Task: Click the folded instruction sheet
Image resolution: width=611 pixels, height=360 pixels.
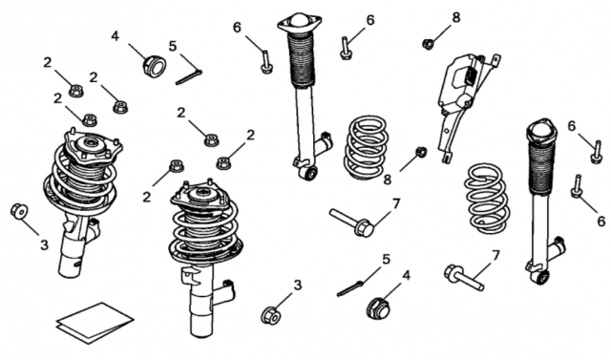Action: point(95,323)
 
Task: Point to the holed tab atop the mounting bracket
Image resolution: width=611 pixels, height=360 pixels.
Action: point(495,60)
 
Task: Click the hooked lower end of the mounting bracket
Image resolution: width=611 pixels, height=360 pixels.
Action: point(447,157)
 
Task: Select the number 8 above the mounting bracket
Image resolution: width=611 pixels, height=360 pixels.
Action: point(456,17)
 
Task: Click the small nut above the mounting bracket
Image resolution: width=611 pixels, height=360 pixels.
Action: point(428,44)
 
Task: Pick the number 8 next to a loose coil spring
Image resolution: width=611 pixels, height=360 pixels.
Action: point(387,180)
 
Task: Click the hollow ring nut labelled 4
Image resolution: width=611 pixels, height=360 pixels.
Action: point(155,66)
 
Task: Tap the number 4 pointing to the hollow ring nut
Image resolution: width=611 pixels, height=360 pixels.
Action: point(115,36)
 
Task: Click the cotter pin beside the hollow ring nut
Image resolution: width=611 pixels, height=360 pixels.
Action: point(189,76)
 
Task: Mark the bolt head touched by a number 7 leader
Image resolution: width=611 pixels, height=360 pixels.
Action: point(365,227)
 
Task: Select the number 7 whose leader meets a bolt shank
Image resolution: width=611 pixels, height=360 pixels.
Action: point(495,256)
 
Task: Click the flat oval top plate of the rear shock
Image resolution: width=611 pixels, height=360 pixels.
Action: point(300,23)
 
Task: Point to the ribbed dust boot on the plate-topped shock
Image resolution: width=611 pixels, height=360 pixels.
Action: point(301,59)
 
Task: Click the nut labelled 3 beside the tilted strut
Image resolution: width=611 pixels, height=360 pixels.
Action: point(19,211)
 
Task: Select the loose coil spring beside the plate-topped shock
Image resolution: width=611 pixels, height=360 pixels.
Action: point(367,148)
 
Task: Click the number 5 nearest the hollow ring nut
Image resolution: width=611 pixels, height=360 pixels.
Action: point(173,46)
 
